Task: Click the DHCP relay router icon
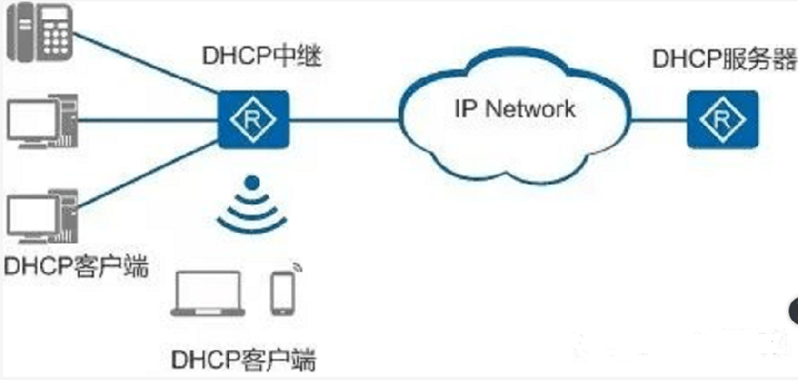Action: pos(253,121)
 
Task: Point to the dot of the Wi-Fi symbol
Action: pos(252,182)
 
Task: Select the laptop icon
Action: pos(207,295)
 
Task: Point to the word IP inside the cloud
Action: pos(464,109)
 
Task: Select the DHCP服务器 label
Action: pos(725,59)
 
